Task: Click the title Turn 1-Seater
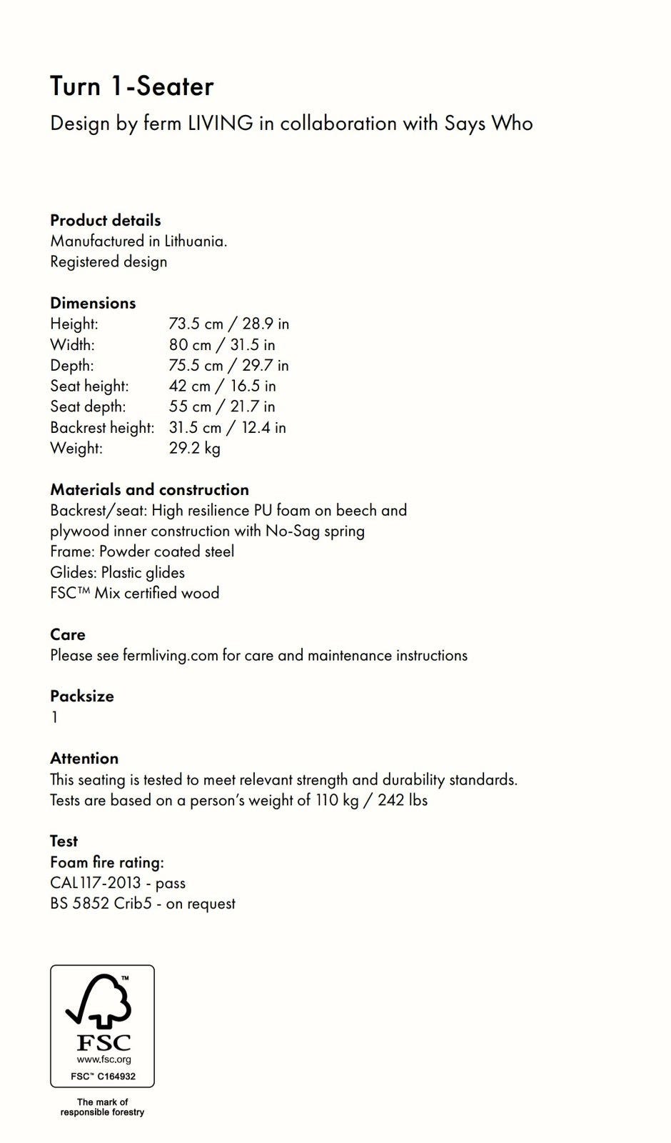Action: [x=132, y=87]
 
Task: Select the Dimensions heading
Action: [x=93, y=303]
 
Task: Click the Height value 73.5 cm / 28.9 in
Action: [x=228, y=324]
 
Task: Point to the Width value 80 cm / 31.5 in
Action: [x=221, y=345]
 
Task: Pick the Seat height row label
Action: [x=89, y=386]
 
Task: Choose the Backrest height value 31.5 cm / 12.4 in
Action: [x=227, y=428]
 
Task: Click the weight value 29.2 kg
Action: [x=194, y=449]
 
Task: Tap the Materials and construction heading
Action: [x=149, y=490]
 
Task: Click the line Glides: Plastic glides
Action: [x=117, y=573]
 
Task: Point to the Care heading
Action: [x=68, y=635]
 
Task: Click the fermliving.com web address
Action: [x=170, y=656]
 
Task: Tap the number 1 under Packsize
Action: [x=54, y=717]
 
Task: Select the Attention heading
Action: [x=84, y=759]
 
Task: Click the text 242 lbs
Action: [x=403, y=800]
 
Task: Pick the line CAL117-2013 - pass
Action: [x=118, y=883]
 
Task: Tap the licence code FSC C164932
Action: [x=103, y=1076]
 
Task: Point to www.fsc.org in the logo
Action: [x=104, y=1060]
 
